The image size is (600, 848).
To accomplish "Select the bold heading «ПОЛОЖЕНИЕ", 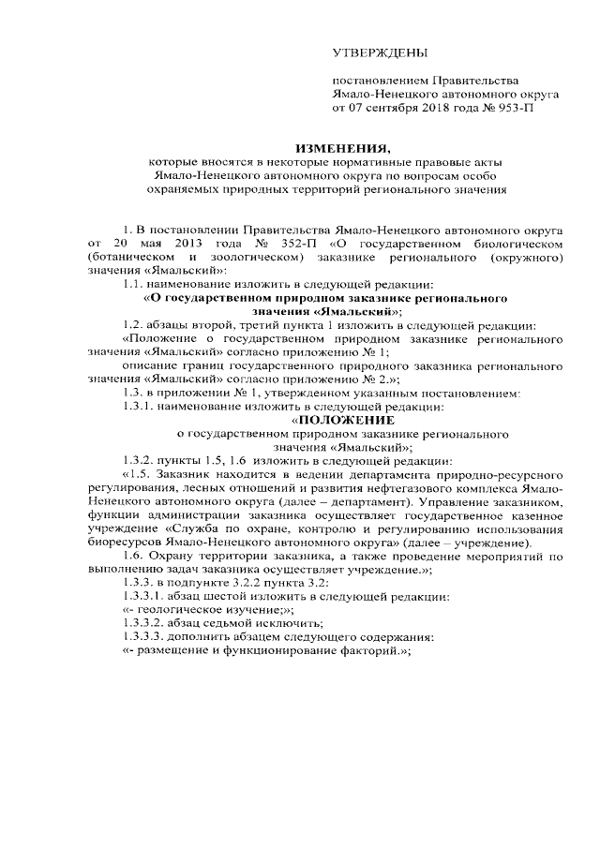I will coord(337,420).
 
